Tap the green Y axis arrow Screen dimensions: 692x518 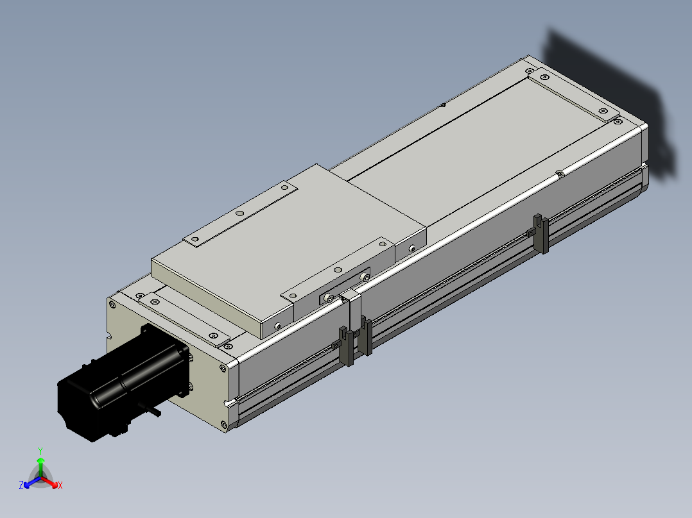click(40, 467)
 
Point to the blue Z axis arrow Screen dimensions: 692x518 click(32, 482)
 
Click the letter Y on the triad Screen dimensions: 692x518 click(40, 451)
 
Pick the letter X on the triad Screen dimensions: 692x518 click(60, 485)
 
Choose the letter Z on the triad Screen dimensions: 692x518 click(21, 485)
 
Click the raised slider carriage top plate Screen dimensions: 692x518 click(287, 247)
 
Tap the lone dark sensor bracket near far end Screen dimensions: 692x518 click(541, 233)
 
